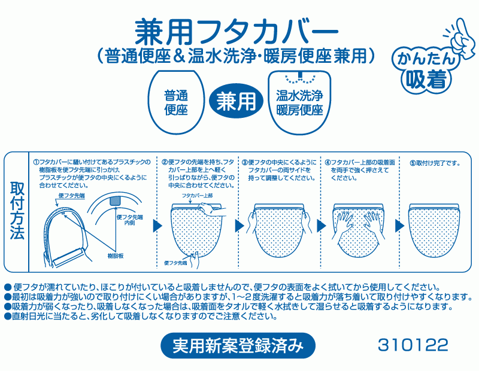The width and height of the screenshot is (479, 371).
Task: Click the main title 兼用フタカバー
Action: coord(237,33)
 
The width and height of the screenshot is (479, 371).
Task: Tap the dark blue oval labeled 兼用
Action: coord(236,101)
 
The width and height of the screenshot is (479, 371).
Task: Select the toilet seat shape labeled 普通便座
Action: coord(176,102)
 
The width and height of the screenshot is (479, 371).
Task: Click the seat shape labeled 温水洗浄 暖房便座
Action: coord(300,102)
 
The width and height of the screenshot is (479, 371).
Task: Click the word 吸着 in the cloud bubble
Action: coord(426,78)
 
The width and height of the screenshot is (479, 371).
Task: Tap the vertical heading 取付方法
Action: coord(17,211)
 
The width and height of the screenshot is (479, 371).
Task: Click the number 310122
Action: coord(413,345)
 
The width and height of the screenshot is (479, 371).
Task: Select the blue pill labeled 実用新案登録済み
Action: coord(238,345)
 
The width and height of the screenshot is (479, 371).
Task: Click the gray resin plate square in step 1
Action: coord(116,200)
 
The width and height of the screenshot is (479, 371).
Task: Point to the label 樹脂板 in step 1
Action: coord(116,256)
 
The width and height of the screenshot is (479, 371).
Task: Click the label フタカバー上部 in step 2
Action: coord(198,196)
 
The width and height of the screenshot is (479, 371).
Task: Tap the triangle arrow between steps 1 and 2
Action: coord(157,226)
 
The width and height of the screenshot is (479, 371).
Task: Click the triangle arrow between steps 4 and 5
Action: coord(399,226)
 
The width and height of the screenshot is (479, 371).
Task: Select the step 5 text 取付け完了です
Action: coord(435,163)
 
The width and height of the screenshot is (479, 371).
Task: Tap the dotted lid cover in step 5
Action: coord(433,230)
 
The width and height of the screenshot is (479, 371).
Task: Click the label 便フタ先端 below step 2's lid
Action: coord(175,263)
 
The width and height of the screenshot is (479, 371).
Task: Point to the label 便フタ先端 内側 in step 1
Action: coord(130,220)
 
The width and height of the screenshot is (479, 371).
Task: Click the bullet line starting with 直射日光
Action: coord(141,316)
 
